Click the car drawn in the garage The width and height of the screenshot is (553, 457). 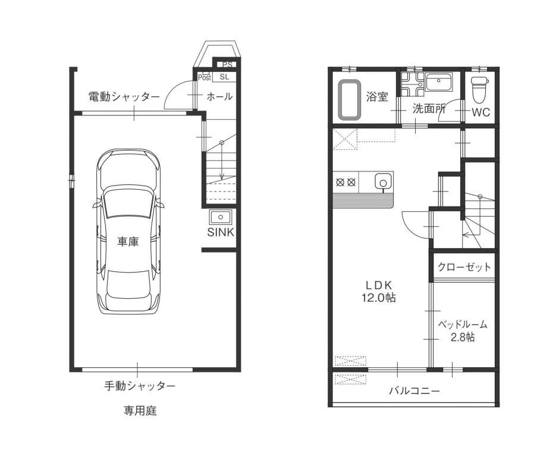click(128, 231)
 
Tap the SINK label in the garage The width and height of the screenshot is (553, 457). click(221, 232)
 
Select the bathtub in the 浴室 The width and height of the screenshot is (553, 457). click(350, 101)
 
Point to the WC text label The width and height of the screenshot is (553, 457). click(481, 112)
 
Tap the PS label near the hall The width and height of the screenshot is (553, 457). click(228, 65)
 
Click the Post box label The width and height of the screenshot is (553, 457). click(204, 77)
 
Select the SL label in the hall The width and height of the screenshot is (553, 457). click(224, 77)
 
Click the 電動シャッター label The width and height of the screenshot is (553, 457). click(124, 96)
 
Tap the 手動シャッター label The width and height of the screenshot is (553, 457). click(140, 386)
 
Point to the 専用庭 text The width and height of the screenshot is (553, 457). click(140, 411)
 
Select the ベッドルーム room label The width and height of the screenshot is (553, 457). click(463, 324)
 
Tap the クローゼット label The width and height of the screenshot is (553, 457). click(464, 267)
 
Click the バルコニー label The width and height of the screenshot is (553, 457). click(415, 391)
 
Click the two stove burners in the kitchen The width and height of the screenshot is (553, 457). click(345, 183)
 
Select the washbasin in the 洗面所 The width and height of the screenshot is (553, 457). click(439, 82)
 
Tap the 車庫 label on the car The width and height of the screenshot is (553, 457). click(128, 242)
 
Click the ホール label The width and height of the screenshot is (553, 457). click(219, 96)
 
